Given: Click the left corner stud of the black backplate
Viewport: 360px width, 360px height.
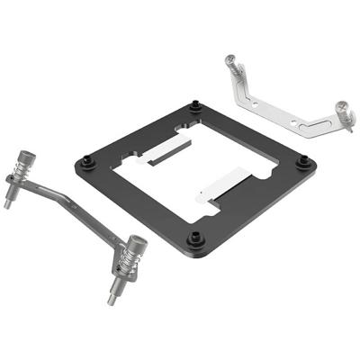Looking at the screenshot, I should (84, 163).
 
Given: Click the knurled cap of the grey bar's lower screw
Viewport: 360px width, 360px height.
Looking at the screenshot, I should (137, 243).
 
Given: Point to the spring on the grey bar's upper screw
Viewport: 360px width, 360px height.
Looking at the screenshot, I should (23, 173).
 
